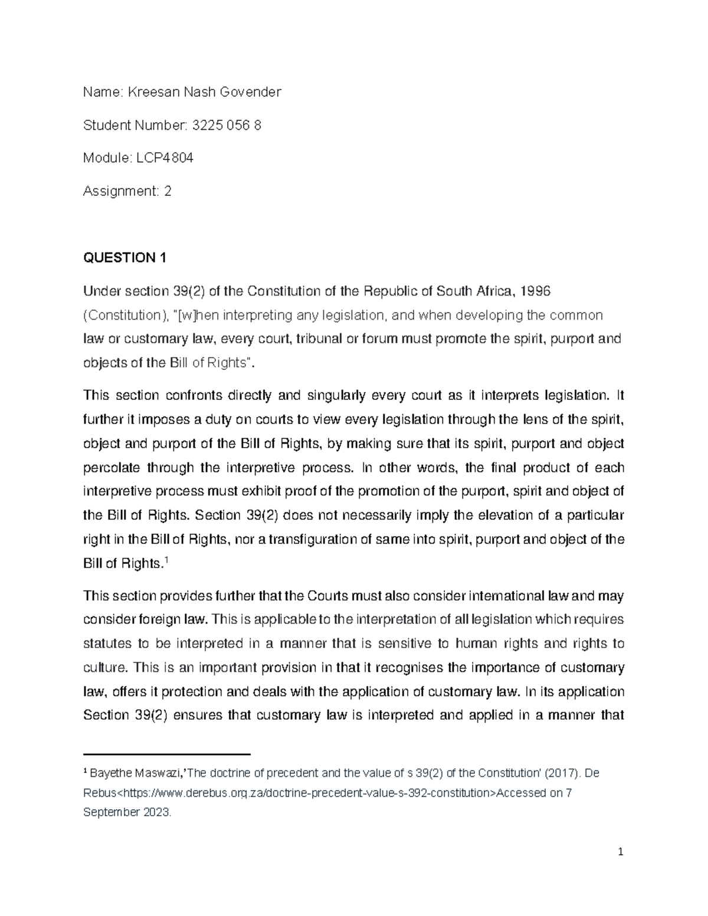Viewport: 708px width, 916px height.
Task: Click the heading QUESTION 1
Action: pos(125,258)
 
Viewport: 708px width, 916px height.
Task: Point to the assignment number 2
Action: pos(168,191)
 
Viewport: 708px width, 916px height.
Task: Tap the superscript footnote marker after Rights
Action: pos(166,560)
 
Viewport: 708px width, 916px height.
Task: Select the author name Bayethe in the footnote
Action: pos(109,773)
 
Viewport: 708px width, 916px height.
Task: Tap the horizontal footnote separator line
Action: pos(167,754)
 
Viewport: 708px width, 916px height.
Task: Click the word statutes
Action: pos(106,644)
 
